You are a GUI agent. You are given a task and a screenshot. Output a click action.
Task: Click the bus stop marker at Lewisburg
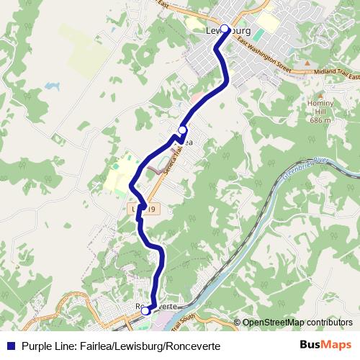[x=225, y=29]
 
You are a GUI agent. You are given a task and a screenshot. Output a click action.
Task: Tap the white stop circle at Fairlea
[x=182, y=130]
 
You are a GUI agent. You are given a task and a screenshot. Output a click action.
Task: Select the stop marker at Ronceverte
[x=145, y=310]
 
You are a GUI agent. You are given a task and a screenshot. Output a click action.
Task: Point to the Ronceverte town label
[x=157, y=306]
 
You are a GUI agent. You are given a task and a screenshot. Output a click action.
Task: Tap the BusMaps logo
[x=325, y=345]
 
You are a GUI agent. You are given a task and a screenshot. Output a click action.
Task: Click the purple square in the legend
[x=9, y=346]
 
